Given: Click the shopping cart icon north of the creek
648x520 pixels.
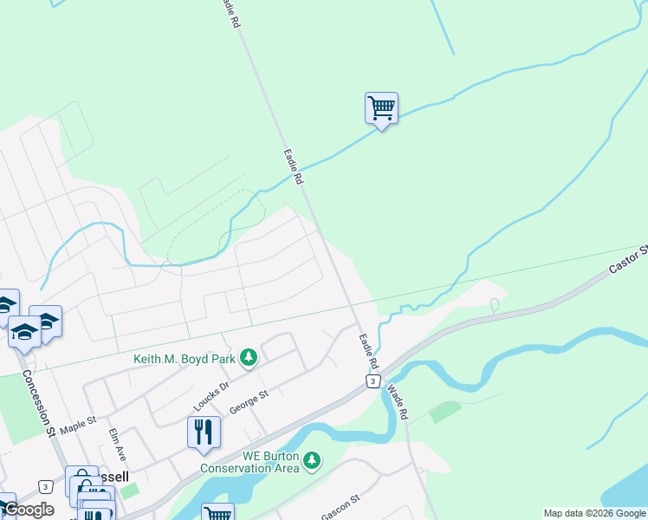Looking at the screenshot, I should point(381,109).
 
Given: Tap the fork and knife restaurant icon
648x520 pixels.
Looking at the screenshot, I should point(204,432).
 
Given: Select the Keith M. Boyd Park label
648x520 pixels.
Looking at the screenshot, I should point(185,359).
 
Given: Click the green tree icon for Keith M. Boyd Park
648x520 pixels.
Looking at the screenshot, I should point(249,358).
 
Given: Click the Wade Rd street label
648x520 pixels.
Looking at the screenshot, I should point(397,402).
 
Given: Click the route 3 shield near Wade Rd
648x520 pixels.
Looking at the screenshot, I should point(372,381).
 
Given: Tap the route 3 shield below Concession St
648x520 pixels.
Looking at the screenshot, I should point(44,487).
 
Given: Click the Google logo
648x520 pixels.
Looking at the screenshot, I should point(28,510).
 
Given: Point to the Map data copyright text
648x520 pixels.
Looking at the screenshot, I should point(594,513).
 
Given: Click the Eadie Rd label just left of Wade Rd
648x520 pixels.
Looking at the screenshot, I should point(367,353).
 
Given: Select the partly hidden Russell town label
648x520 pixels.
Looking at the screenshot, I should point(114,477).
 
